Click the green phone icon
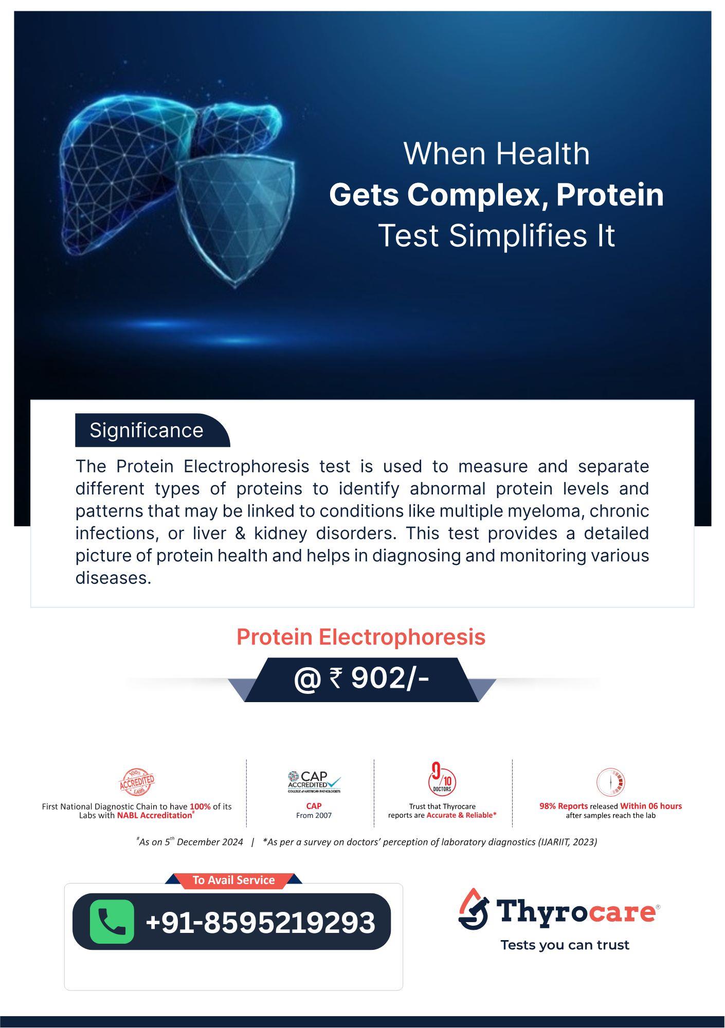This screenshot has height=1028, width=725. click(112, 921)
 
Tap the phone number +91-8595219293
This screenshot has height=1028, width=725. click(260, 922)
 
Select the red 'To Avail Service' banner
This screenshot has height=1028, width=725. click(233, 880)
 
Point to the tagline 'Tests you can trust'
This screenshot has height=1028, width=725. click(565, 945)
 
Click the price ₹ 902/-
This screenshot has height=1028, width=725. click(361, 678)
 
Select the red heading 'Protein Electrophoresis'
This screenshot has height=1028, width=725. click(361, 637)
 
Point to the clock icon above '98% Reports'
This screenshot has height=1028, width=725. click(610, 782)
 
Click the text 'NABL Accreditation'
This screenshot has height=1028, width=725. click(155, 815)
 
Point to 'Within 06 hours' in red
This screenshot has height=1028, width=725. click(651, 806)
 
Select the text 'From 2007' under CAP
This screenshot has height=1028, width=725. click(314, 815)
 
